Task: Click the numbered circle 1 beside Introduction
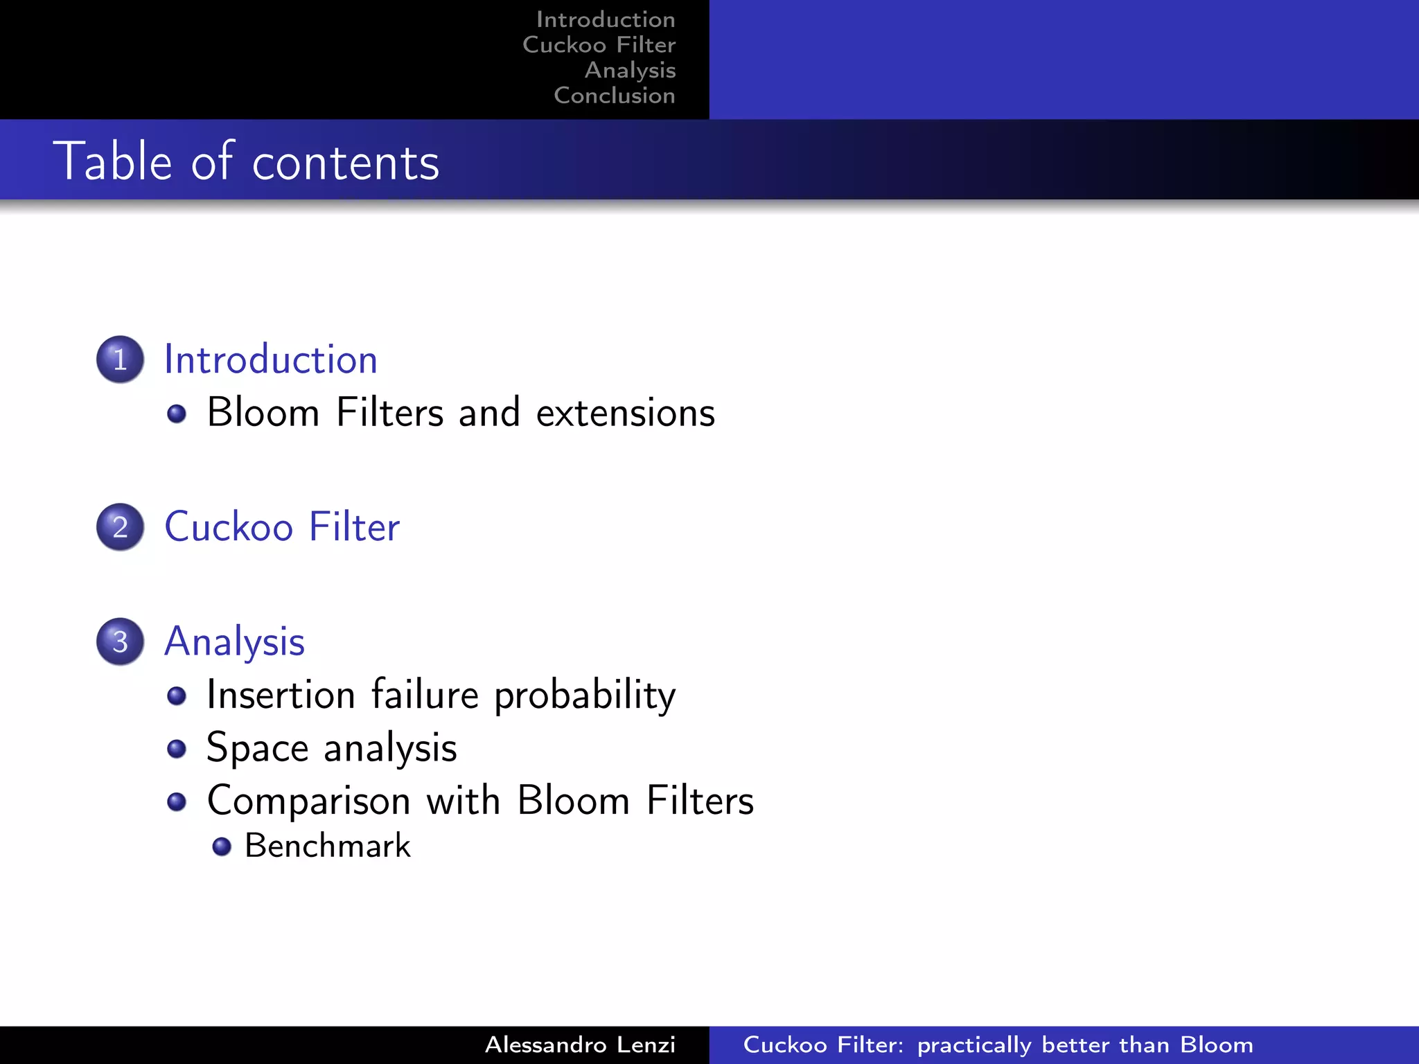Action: pos(120,360)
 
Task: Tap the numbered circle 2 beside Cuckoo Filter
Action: pos(120,527)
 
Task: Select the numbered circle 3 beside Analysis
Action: pos(120,641)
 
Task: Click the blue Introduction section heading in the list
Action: pos(270,360)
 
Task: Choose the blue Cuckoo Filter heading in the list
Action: pos(282,527)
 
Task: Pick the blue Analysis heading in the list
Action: pos(234,641)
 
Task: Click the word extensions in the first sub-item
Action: pos(625,413)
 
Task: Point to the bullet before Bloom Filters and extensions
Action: pos(177,414)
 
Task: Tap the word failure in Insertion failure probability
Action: pos(425,695)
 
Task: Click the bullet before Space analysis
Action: pos(177,749)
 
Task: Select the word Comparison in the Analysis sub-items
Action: pos(309,801)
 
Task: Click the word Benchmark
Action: pos(327,846)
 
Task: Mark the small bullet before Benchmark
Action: pos(222,846)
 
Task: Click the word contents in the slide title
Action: pos(346,163)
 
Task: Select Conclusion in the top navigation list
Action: pos(614,95)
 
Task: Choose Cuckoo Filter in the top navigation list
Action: pos(599,44)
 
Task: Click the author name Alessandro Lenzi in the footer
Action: pos(579,1045)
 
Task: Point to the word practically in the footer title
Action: pos(974,1045)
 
